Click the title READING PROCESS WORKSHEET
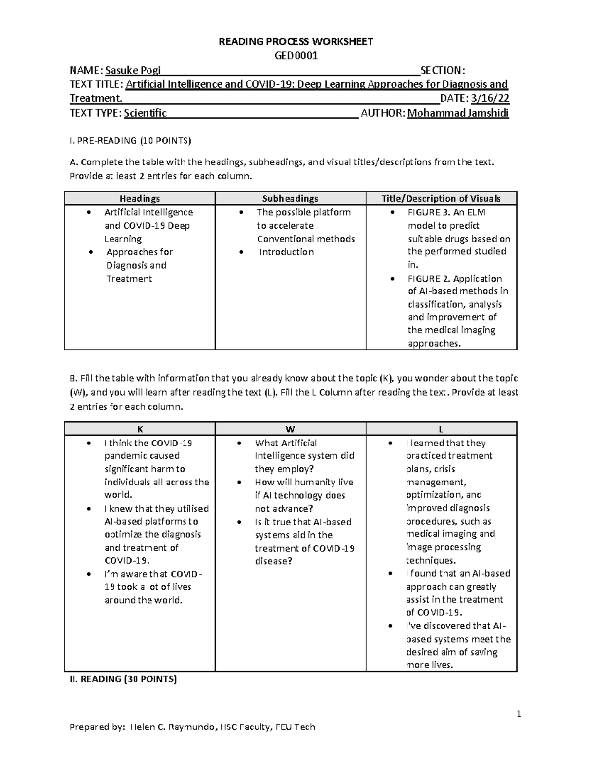[x=296, y=41]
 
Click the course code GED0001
[x=296, y=55]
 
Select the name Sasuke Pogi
[x=129, y=70]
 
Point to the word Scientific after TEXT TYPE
[x=145, y=113]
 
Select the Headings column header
[x=140, y=198]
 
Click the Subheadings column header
[x=290, y=198]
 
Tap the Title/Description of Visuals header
[x=441, y=198]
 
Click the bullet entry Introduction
[x=286, y=252]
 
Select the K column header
[x=140, y=429]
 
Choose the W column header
[x=290, y=429]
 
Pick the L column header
[x=441, y=429]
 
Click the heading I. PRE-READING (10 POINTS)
[x=130, y=140]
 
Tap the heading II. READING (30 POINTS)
[x=123, y=679]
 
